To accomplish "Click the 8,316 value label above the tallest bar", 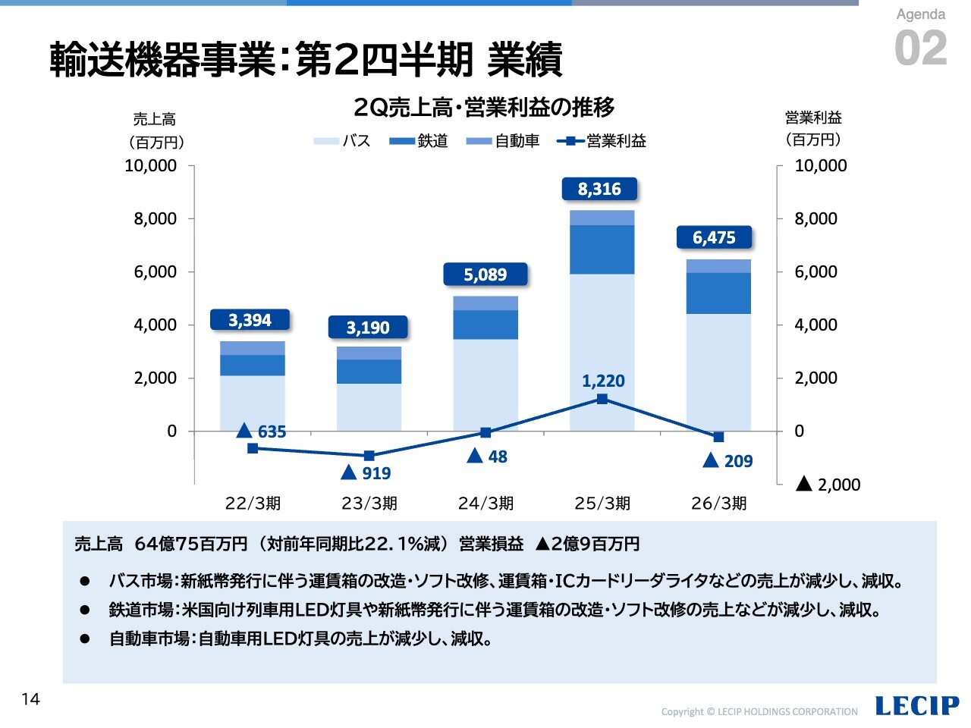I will click(x=599, y=189).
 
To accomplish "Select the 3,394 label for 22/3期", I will click(x=250, y=320).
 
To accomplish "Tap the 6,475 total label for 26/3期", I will click(x=714, y=237).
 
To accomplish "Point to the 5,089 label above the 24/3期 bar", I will click(x=485, y=275).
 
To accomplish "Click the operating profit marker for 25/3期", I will click(x=602, y=399).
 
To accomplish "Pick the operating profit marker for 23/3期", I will click(x=369, y=456).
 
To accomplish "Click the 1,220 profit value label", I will click(x=603, y=381).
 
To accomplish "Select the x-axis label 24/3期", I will click(x=485, y=503).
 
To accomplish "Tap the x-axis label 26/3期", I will click(x=718, y=503).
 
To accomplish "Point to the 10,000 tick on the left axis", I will click(x=150, y=165).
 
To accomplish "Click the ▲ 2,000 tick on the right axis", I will click(x=828, y=485).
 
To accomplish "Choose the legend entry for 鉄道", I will click(x=419, y=141).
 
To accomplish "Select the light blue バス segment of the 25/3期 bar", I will click(x=602, y=352).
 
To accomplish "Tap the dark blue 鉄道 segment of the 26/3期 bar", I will click(x=718, y=293).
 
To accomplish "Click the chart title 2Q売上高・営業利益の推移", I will click(x=484, y=108).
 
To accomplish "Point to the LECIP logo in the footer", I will click(x=916, y=706).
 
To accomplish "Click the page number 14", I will click(x=30, y=699).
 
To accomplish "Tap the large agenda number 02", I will click(x=921, y=49).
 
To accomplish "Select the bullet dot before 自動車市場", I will click(x=85, y=639).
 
